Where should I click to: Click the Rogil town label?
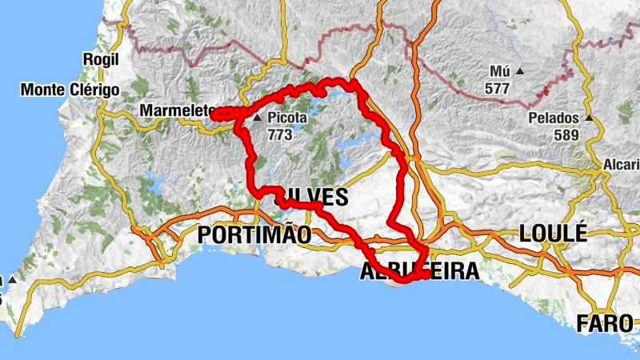(x=101, y=59)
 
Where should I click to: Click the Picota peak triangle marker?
(x=258, y=118)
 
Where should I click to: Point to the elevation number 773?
(x=280, y=134)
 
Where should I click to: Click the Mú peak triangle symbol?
(x=519, y=72)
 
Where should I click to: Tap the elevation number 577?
(x=497, y=88)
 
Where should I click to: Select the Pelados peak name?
(x=554, y=118)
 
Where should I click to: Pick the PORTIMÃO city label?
(x=254, y=234)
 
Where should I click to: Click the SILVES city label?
(x=314, y=198)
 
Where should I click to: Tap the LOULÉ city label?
(x=553, y=234)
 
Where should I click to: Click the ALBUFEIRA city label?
(x=420, y=270)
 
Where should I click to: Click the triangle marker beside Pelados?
(x=589, y=118)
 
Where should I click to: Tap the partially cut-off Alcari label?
(x=621, y=165)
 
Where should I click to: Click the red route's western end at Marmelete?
(x=214, y=115)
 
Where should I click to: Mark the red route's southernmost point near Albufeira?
(x=406, y=280)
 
